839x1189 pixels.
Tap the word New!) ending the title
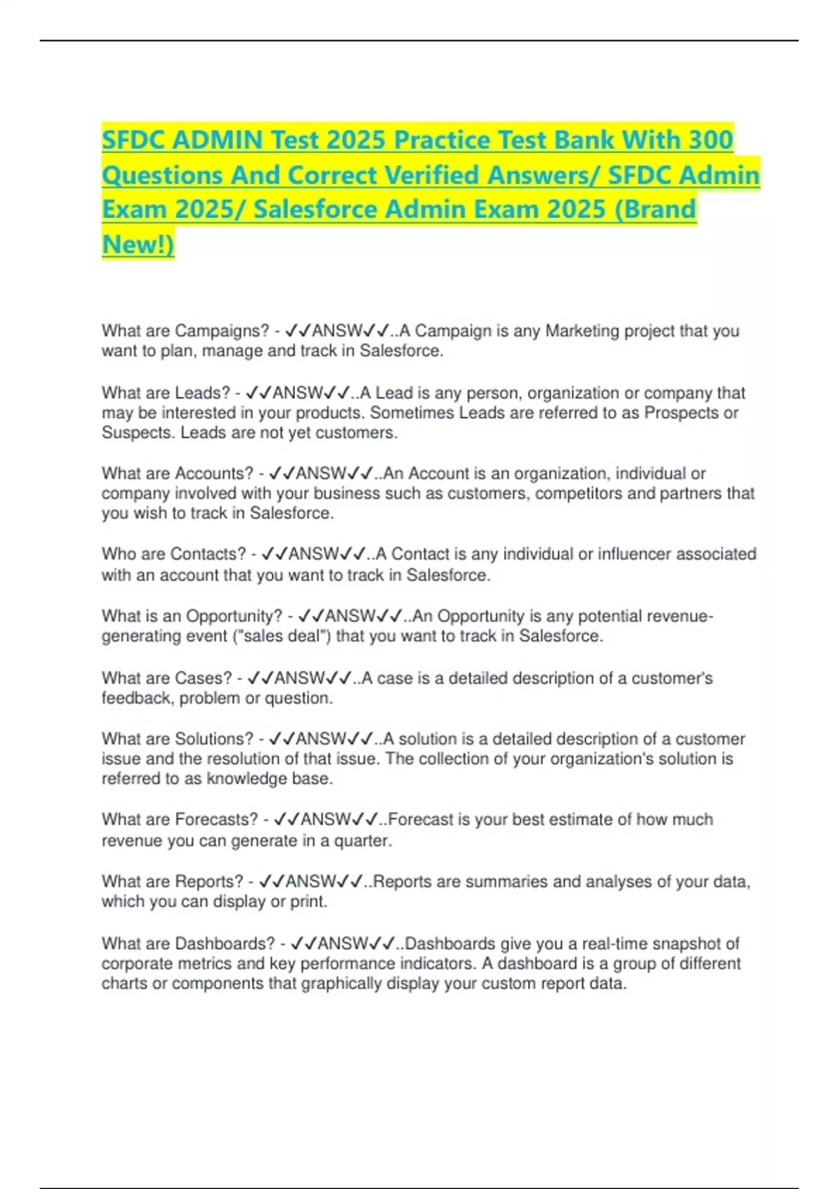138,244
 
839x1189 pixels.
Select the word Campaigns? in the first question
222,331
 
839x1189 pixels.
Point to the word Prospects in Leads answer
681,413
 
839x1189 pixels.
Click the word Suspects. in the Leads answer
138,433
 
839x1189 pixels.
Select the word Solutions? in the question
214,739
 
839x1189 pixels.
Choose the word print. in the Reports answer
309,902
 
